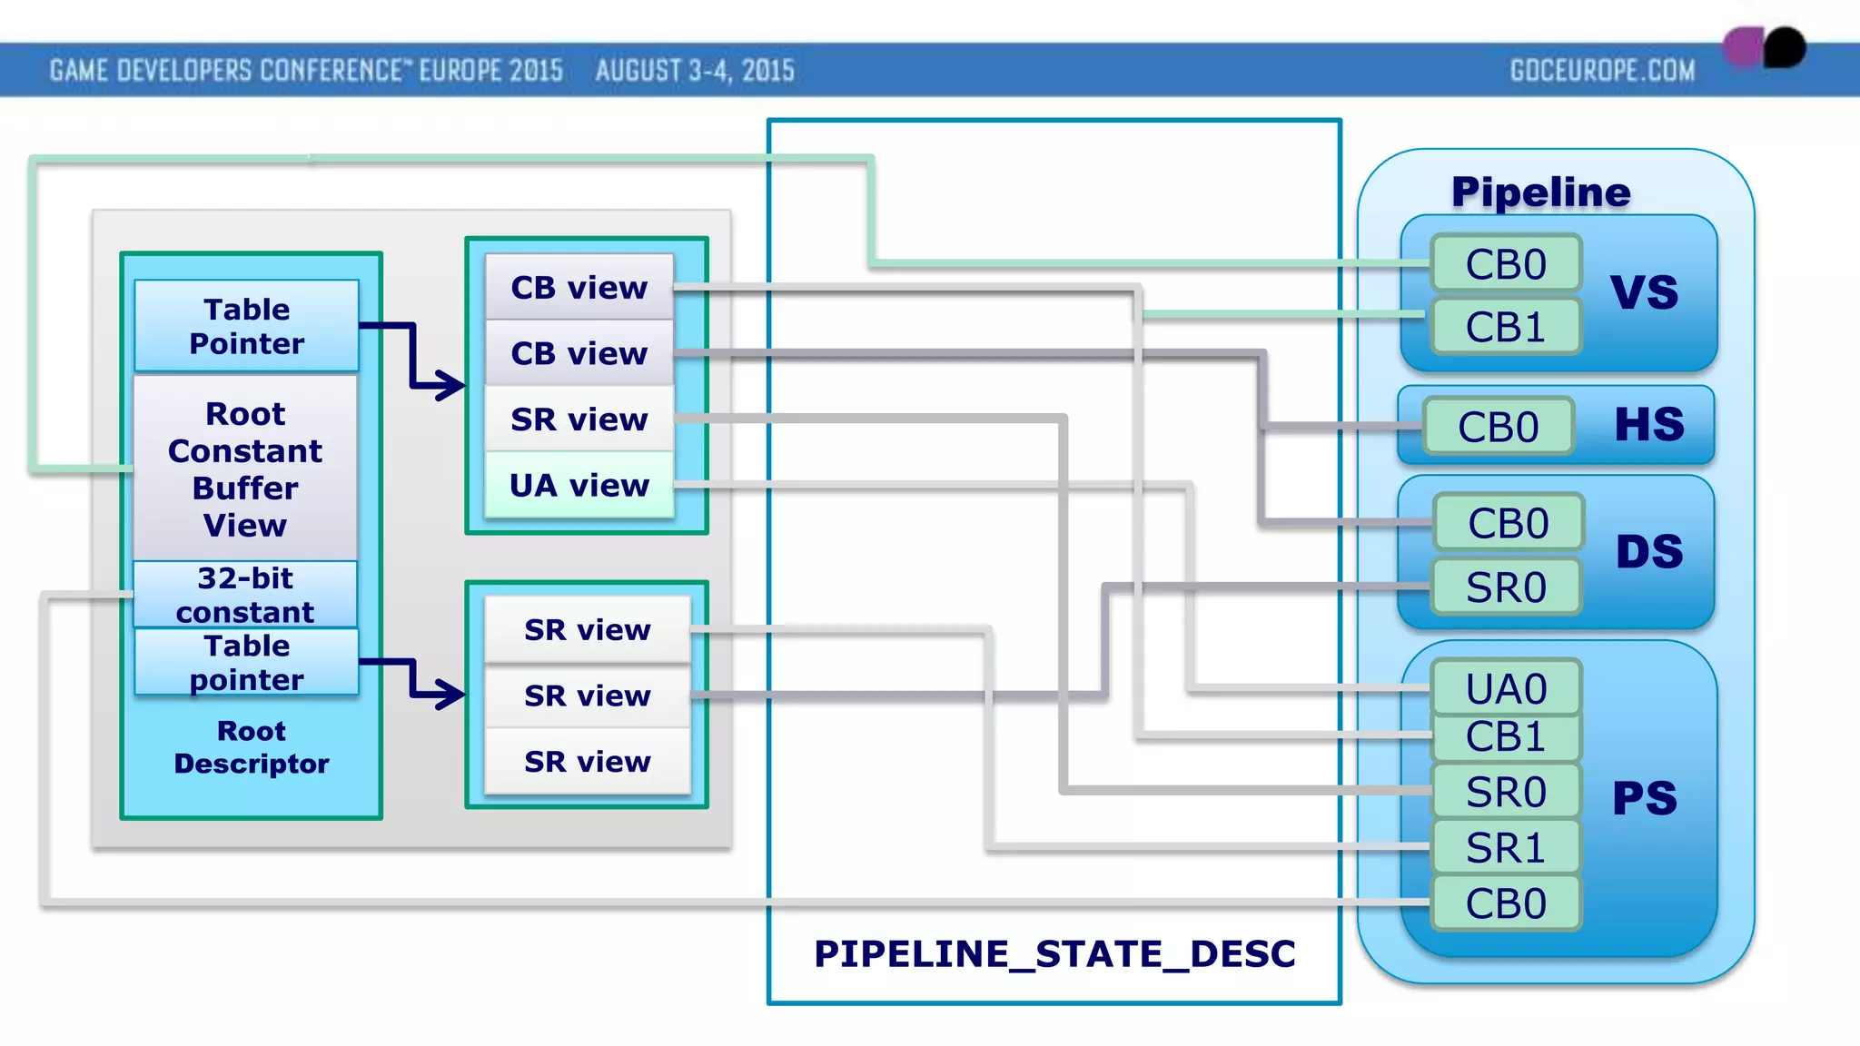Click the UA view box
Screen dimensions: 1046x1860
pos(579,486)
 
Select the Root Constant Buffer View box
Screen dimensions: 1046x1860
pos(245,469)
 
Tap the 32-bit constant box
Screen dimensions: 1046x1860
pos(245,594)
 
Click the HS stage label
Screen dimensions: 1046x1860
pos(1648,425)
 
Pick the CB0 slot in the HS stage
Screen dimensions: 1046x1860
pos(1499,427)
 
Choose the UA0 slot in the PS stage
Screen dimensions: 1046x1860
pos(1506,688)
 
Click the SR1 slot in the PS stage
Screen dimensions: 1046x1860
pos(1506,848)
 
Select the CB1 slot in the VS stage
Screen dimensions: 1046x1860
pos(1506,327)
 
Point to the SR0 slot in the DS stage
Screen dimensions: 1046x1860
pos(1506,587)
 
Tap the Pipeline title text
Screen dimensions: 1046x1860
pos(1540,192)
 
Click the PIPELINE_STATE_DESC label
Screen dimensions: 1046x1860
pos(1054,953)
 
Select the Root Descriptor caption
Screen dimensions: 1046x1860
pos(252,747)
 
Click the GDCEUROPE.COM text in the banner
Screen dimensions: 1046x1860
pos(1602,71)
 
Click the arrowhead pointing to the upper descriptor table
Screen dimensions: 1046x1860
pos(450,385)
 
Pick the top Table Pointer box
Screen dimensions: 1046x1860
pos(246,326)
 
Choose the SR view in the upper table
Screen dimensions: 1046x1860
pos(579,419)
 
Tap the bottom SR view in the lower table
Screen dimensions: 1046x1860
pos(588,761)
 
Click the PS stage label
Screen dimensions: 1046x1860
pos(1644,799)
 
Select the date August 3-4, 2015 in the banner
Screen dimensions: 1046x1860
pos(695,71)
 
